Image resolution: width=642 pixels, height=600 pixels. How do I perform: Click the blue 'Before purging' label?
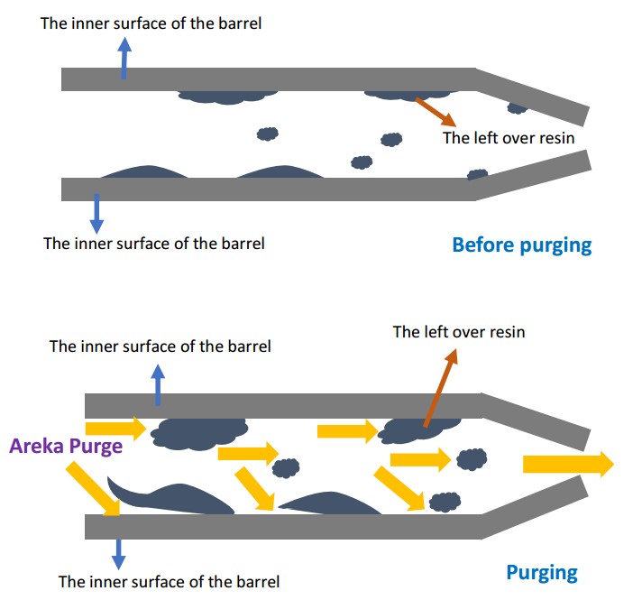click(521, 245)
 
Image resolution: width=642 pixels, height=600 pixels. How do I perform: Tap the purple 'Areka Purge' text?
click(66, 446)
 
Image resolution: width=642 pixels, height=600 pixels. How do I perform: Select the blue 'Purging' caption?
click(541, 571)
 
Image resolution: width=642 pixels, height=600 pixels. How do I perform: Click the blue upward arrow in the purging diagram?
click(159, 384)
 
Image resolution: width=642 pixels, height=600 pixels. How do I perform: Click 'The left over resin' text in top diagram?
click(509, 138)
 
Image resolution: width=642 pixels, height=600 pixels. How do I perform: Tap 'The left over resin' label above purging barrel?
click(458, 331)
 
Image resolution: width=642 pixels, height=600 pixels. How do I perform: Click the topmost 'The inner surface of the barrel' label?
click(151, 23)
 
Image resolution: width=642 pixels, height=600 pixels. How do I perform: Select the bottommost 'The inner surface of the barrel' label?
click(169, 581)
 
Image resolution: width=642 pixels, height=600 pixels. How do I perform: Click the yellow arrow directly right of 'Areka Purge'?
click(115, 428)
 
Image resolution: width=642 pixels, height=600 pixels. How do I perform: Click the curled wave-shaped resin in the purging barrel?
click(167, 500)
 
